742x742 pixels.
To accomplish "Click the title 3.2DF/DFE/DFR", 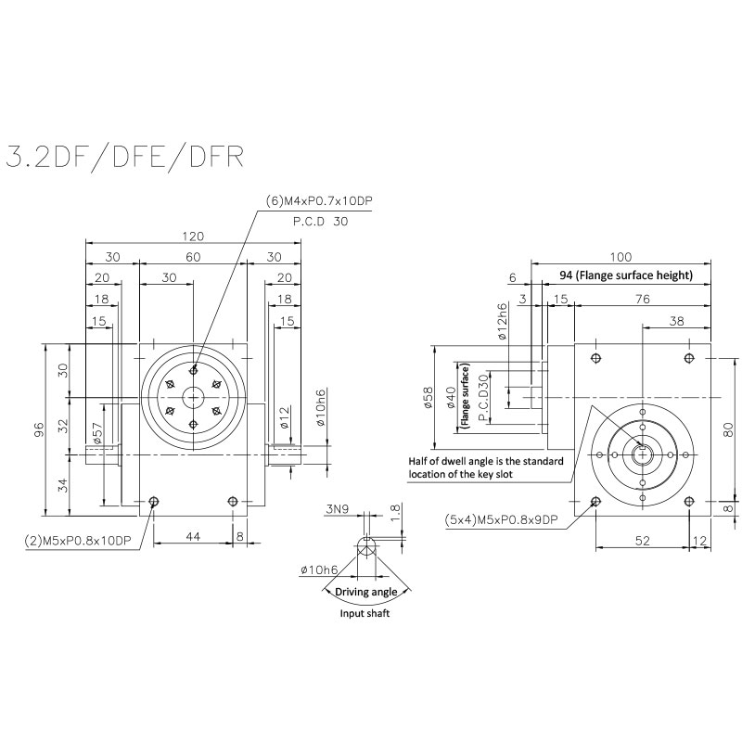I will tap(124, 155).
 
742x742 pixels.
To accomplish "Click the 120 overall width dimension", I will tap(192, 236).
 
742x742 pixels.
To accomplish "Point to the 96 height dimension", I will tap(38, 430).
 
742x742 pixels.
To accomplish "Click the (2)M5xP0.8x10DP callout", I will tap(79, 540).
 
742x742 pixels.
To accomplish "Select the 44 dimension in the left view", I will tap(193, 536).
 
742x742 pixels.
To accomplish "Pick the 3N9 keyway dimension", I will tap(337, 508).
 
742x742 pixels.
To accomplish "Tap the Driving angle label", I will tap(366, 592).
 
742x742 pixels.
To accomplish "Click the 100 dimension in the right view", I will tap(620, 257).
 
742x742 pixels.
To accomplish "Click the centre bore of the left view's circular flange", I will tap(193, 397).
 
